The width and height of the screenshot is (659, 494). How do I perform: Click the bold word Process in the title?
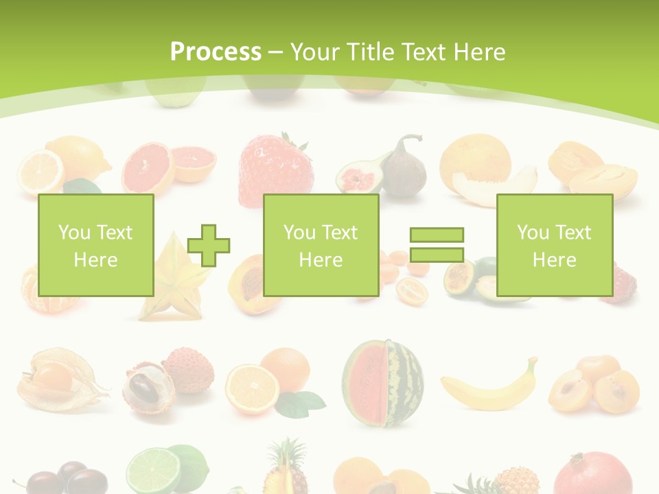click(x=216, y=52)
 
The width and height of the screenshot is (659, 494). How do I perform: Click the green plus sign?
click(x=209, y=245)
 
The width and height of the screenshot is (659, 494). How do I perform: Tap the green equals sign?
click(x=437, y=245)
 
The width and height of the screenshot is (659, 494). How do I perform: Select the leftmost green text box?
click(x=95, y=245)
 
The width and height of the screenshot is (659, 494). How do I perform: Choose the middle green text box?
click(x=321, y=245)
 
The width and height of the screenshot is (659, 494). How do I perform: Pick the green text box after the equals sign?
click(x=554, y=245)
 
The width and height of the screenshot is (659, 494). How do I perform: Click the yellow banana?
click(x=489, y=387)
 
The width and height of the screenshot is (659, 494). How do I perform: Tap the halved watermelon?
click(x=382, y=383)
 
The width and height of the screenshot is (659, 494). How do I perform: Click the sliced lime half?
click(x=153, y=471)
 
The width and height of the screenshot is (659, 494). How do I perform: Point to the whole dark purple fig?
click(x=405, y=168)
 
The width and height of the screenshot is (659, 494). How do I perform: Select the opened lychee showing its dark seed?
click(x=146, y=388)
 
